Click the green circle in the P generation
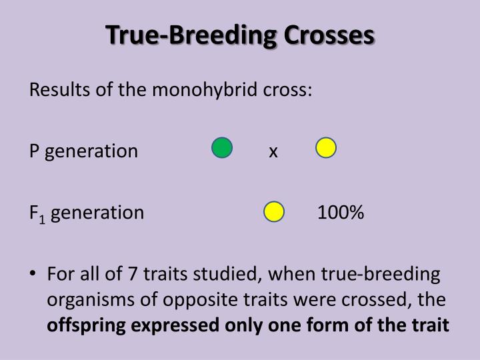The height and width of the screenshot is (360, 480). [x=222, y=147]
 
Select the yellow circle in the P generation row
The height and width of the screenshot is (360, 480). [x=326, y=147]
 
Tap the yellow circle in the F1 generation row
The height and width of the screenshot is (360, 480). [x=274, y=211]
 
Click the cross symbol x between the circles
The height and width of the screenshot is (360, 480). [x=273, y=152]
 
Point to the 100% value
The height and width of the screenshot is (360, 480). [x=341, y=212]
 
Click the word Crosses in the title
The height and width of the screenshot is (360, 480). [x=329, y=35]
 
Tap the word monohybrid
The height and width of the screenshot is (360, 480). [x=205, y=90]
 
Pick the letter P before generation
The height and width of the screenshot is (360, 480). [x=34, y=151]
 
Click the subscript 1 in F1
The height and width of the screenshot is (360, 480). [x=42, y=219]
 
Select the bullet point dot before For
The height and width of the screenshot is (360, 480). [x=33, y=273]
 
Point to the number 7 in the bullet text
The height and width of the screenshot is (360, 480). [x=132, y=274]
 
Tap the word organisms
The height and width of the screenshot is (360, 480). [x=91, y=300]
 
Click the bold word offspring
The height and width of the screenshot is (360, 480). [x=86, y=326]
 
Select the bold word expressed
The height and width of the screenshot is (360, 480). [x=175, y=326]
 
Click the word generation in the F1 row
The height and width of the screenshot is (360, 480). [x=97, y=213]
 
